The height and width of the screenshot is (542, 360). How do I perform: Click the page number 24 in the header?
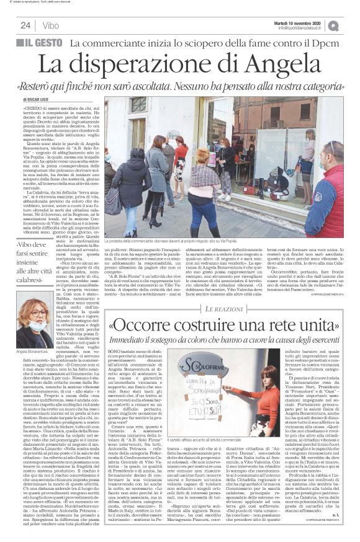pos(25,25)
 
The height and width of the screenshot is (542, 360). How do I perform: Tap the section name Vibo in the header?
pos(51,25)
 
